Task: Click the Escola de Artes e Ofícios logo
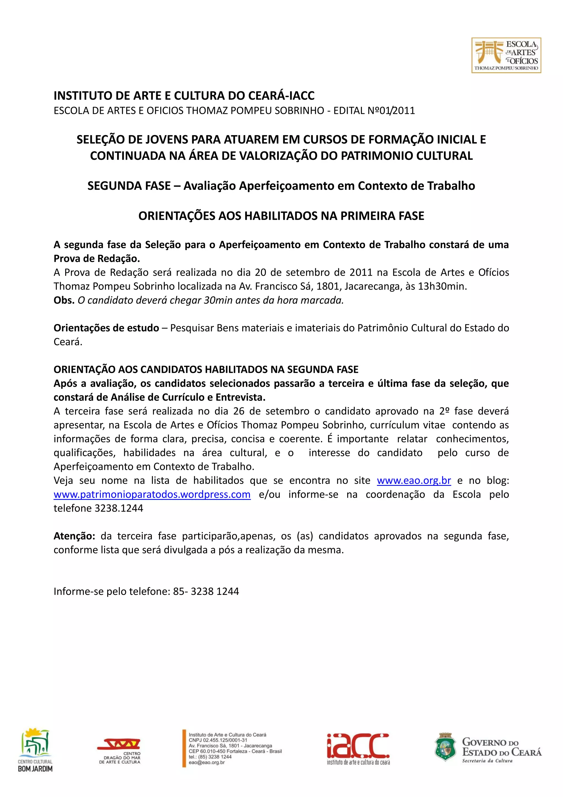tap(506, 55)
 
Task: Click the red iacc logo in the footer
tap(358, 749)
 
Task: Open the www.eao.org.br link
tap(414, 480)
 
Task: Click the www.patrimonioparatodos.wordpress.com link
tap(152, 494)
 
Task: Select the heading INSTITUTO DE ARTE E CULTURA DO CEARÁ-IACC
tap(184, 95)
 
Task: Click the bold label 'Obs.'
tap(64, 300)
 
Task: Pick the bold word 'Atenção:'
tap(74, 536)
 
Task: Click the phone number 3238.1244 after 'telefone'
tap(119, 508)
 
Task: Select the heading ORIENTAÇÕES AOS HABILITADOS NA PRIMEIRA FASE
tap(281, 216)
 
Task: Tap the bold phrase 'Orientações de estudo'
tap(106, 328)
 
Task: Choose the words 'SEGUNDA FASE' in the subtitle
tap(129, 186)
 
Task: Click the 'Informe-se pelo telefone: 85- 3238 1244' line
tap(146, 591)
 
